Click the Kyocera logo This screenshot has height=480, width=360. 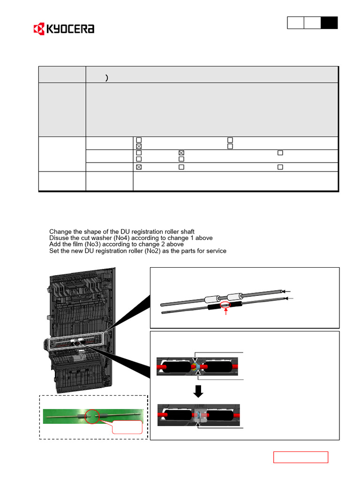tap(64, 29)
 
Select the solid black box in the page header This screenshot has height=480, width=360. tap(329, 23)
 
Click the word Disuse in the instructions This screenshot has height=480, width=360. tap(59, 238)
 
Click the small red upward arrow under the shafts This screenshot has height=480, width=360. tap(226, 312)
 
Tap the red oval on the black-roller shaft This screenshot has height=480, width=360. tap(226, 305)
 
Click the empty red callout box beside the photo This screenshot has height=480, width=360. tap(127, 427)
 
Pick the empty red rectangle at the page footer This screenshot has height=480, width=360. tap(300, 457)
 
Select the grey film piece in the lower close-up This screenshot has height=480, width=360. tap(199, 416)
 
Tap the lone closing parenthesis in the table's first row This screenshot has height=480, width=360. tap(107, 78)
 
